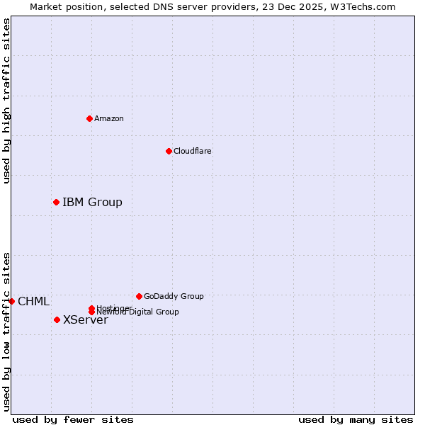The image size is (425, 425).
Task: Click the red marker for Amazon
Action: (89, 118)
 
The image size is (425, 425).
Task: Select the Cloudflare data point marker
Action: (169, 151)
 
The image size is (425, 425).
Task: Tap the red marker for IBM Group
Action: (56, 203)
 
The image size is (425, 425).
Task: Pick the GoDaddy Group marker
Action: (139, 296)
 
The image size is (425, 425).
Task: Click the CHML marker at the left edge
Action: (11, 301)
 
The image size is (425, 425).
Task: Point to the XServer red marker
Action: (57, 319)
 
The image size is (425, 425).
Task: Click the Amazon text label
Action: (109, 118)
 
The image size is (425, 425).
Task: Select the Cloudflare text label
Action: (193, 151)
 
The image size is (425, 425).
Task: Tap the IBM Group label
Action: (92, 203)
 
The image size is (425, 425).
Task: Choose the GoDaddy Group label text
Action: (174, 296)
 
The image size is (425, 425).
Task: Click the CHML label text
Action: (33, 302)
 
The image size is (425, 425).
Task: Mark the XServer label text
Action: (86, 320)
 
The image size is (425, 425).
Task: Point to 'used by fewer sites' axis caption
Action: (73, 419)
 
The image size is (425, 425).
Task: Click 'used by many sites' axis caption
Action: (356, 419)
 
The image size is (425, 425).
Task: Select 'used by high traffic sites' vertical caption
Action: (6, 101)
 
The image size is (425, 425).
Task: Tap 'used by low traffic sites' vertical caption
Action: (6, 331)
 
